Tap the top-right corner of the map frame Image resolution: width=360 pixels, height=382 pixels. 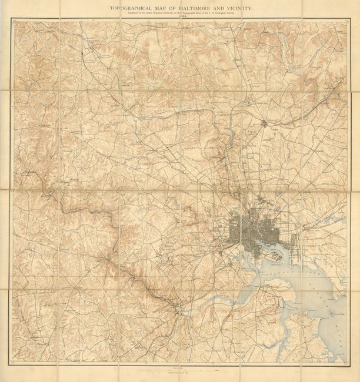[x=349, y=21]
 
